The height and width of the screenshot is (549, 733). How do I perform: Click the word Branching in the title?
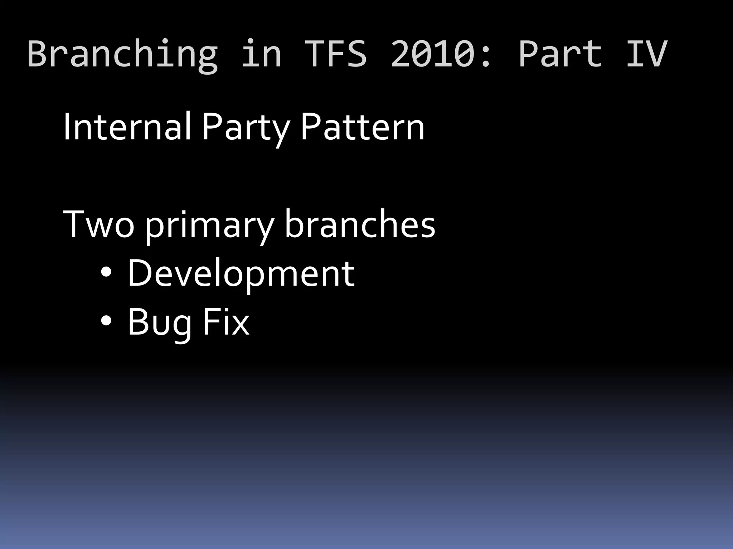[x=122, y=54]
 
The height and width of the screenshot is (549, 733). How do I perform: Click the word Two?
[x=99, y=224]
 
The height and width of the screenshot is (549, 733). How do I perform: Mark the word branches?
[x=360, y=224]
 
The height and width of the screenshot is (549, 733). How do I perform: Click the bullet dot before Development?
[x=106, y=273]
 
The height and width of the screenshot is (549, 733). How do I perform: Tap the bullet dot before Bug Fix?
[x=106, y=321]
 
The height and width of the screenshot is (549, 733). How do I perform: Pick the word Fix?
[x=225, y=322]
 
